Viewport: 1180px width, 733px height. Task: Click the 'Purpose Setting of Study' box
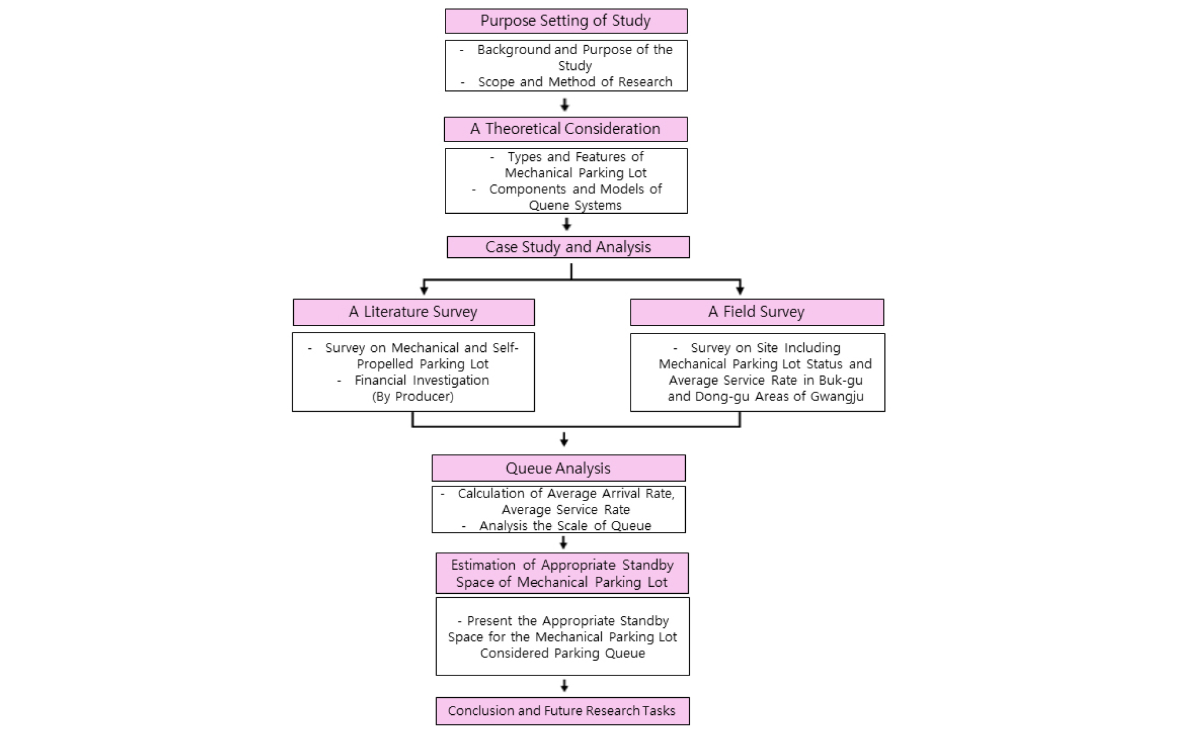click(566, 21)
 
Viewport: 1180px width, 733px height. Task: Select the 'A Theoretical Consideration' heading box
click(565, 129)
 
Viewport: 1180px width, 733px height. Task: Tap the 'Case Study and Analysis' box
click(568, 247)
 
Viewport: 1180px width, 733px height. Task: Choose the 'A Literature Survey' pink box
click(414, 312)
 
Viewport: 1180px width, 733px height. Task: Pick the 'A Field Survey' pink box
click(757, 312)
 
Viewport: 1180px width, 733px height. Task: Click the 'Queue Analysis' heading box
click(558, 468)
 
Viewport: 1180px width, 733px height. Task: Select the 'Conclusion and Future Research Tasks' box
click(562, 711)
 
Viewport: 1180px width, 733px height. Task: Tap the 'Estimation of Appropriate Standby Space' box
click(562, 573)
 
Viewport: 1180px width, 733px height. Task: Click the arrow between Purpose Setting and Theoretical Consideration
click(565, 105)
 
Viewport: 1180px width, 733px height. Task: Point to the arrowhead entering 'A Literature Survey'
click(424, 290)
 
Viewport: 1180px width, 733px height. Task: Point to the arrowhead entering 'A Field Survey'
click(740, 290)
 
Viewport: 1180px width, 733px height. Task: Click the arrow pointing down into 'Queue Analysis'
click(564, 439)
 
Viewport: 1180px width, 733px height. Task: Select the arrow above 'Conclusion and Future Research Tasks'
click(564, 685)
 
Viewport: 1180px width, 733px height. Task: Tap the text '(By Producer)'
click(413, 396)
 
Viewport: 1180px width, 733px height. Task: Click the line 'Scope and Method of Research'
click(575, 82)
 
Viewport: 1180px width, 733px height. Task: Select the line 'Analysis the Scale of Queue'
click(565, 526)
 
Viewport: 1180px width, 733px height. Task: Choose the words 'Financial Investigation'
click(422, 381)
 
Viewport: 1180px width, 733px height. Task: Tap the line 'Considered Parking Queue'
click(562, 653)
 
